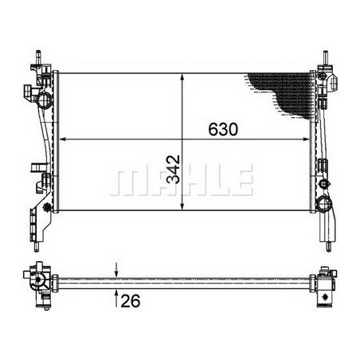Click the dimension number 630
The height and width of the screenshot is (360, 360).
tap(223, 129)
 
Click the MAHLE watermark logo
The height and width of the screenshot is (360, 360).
tap(181, 181)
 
